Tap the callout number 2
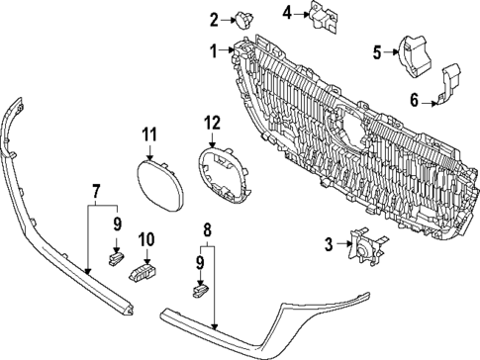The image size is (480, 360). point(213,18)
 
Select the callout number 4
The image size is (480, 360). point(287,13)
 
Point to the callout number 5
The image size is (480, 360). point(377,51)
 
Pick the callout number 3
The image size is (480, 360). point(328,244)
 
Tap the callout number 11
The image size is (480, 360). point(149,135)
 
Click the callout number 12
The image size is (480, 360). point(210,122)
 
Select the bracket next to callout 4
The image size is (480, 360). point(320,16)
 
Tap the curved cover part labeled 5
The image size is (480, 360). point(413,53)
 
